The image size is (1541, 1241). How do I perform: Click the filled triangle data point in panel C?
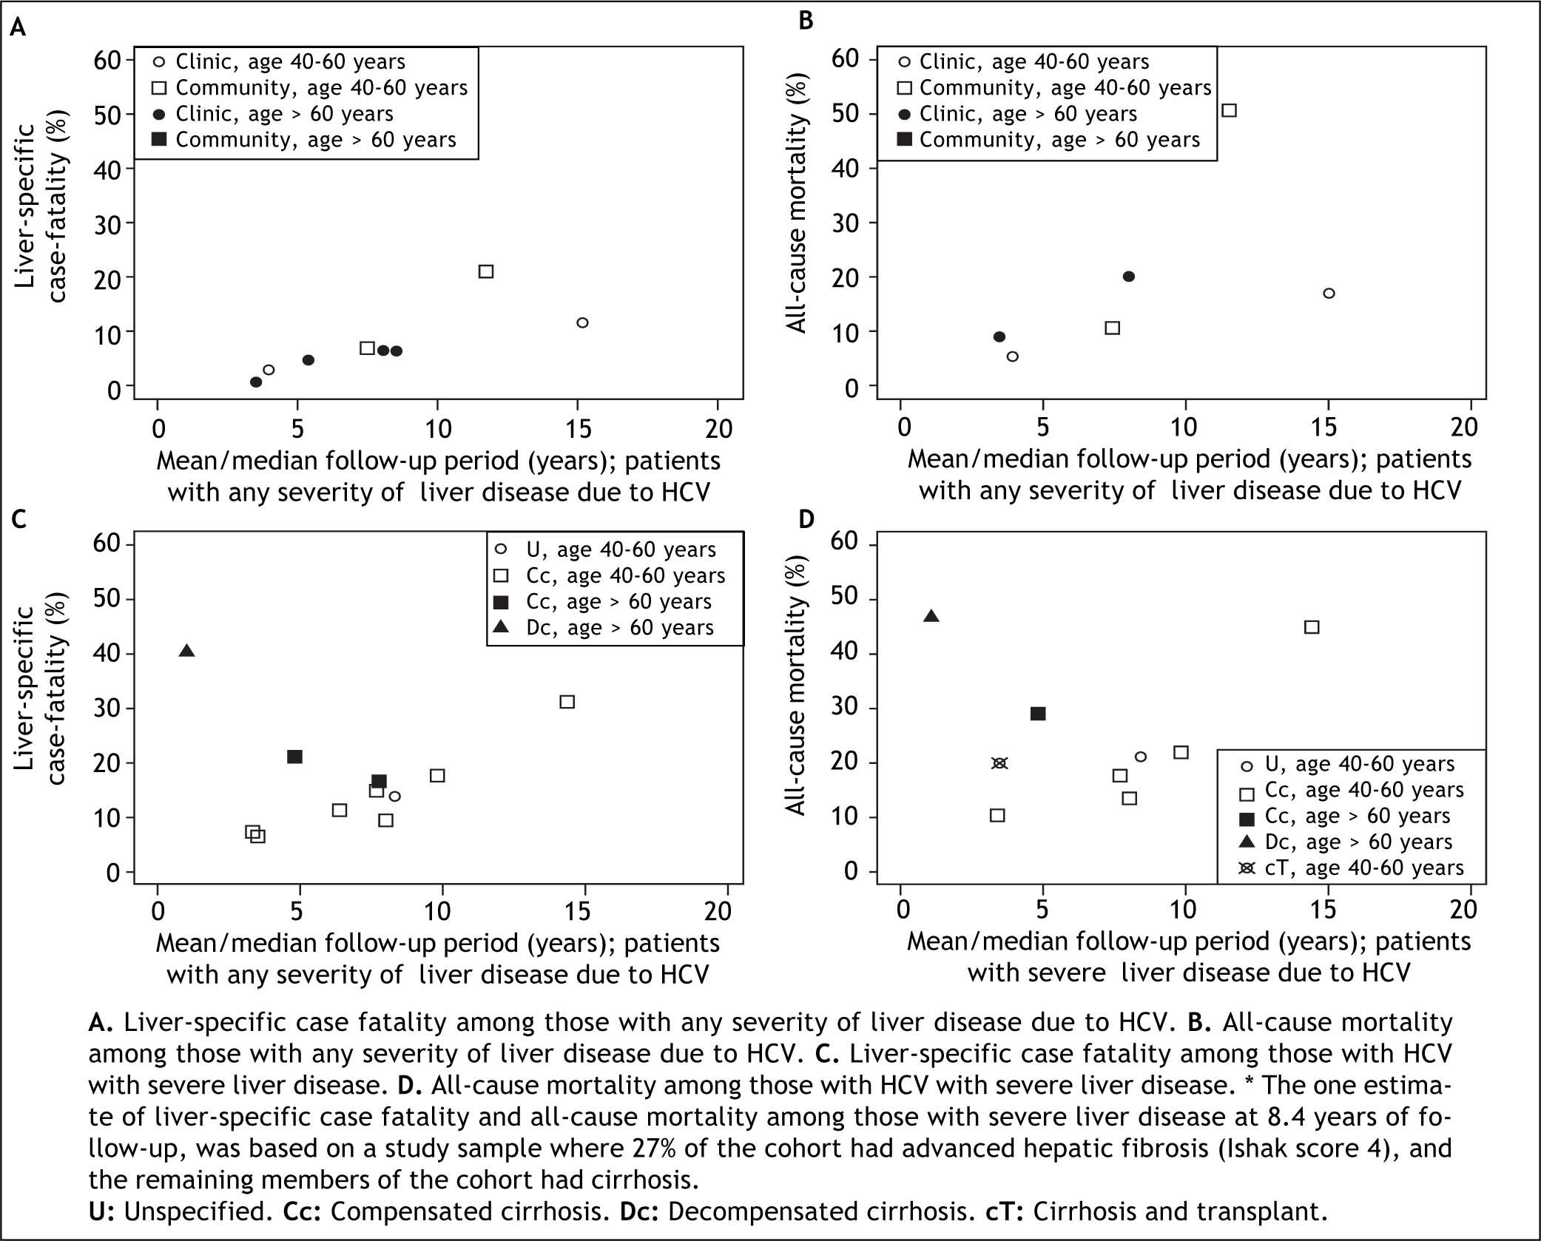tap(187, 651)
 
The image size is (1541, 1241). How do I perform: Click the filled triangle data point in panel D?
tap(931, 616)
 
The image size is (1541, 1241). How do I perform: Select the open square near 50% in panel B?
tap(1229, 110)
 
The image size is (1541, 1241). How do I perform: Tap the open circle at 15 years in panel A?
tap(582, 322)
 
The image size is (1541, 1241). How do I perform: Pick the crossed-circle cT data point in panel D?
tap(999, 763)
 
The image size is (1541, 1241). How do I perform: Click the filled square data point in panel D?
tap(1038, 714)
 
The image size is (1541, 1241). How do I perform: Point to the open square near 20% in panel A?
tap(486, 271)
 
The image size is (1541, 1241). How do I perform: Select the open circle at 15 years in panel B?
tap(1329, 293)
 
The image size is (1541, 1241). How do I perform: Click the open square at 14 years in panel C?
tap(567, 702)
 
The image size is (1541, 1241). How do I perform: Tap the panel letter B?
tap(806, 20)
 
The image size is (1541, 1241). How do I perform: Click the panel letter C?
tap(19, 519)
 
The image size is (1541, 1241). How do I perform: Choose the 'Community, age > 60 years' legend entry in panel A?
tap(315, 140)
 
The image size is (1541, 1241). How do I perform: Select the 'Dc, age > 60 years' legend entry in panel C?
tap(620, 628)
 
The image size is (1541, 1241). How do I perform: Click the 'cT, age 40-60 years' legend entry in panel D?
tap(1363, 868)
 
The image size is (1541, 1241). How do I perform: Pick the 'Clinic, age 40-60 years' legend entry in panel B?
tap(1033, 61)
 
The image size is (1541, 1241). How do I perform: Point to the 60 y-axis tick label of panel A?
tap(108, 59)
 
